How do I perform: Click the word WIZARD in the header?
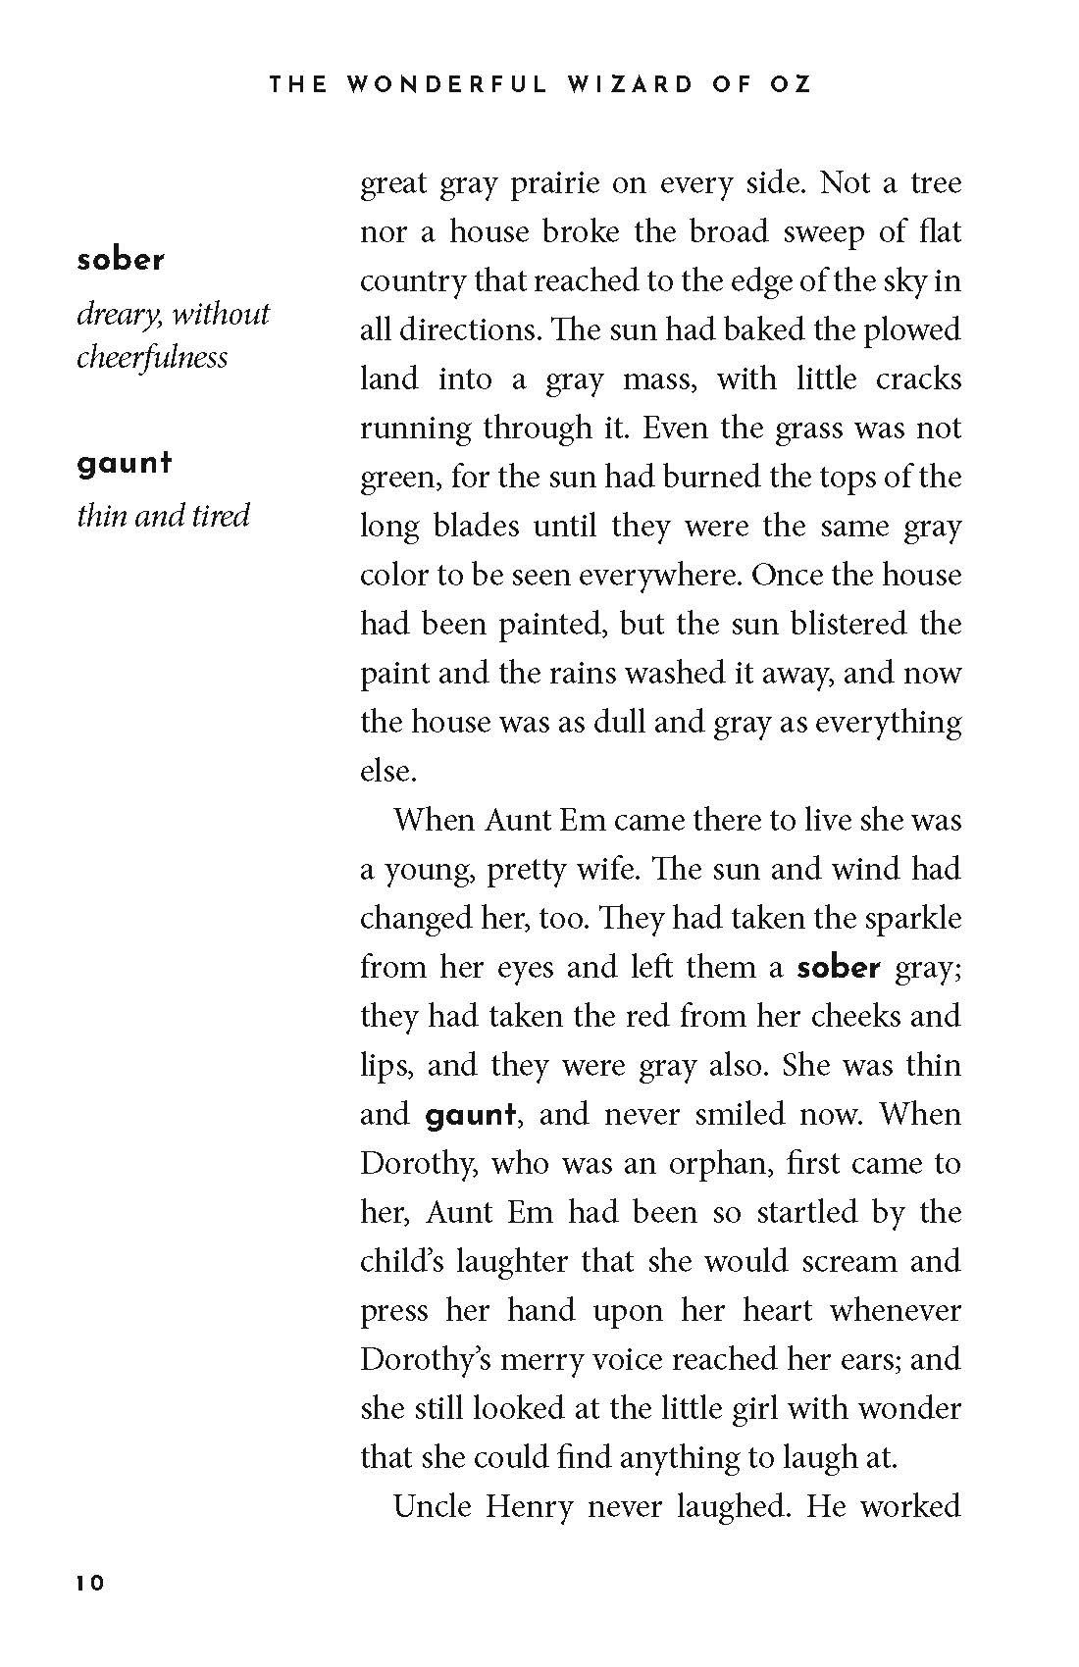point(615,84)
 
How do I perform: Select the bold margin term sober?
point(121,260)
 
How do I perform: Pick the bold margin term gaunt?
point(125,462)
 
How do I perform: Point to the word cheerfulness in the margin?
point(152,357)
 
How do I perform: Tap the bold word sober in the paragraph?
point(839,968)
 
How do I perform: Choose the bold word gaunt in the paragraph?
point(470,1115)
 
